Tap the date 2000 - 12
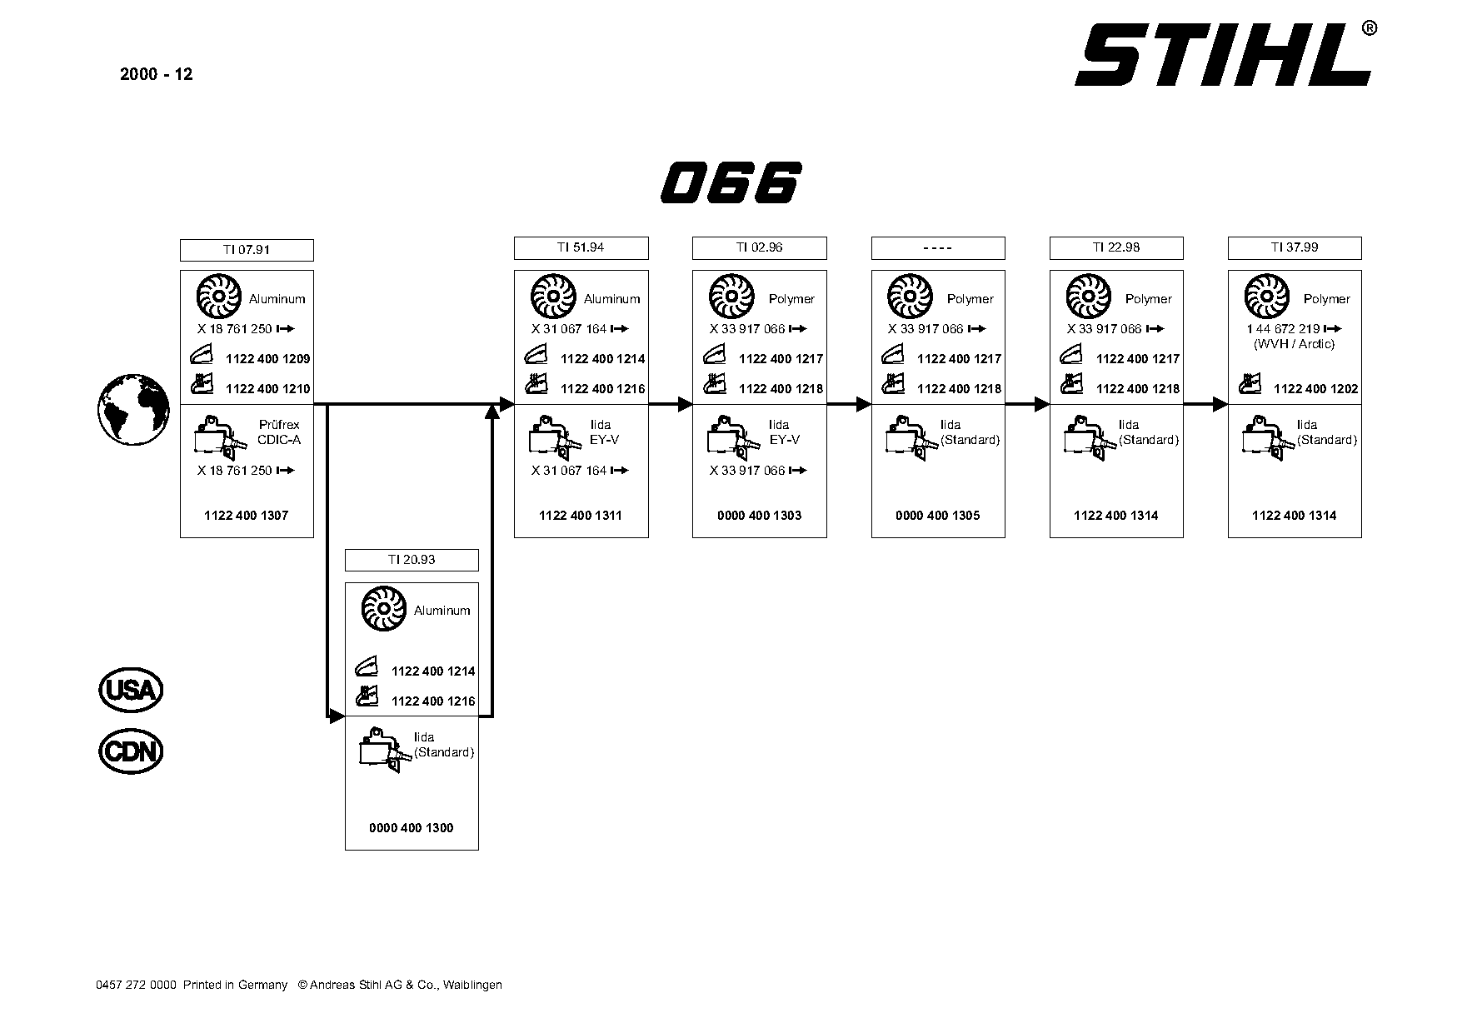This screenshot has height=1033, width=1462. [x=157, y=74]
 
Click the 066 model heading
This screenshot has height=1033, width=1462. [x=731, y=182]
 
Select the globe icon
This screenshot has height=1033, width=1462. [x=133, y=409]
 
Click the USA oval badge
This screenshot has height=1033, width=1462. [x=132, y=690]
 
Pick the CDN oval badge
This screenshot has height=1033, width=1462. [x=132, y=751]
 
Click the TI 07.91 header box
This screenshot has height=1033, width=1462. [x=247, y=250]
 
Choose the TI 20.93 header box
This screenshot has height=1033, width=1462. [x=412, y=560]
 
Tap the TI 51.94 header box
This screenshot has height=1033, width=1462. [x=581, y=247]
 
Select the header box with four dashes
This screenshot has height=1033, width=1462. [x=938, y=247]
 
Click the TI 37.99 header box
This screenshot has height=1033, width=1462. [x=1295, y=247]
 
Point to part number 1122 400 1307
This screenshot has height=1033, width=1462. [x=247, y=516]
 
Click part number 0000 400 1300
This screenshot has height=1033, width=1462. [x=412, y=828]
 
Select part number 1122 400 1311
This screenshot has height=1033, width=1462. [x=581, y=516]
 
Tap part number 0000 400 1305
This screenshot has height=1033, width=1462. [x=938, y=516]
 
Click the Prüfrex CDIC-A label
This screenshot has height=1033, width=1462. [x=279, y=432]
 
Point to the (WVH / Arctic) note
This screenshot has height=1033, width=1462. [x=1295, y=344]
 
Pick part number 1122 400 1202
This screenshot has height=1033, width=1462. [x=1316, y=389]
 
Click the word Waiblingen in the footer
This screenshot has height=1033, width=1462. [x=472, y=986]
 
